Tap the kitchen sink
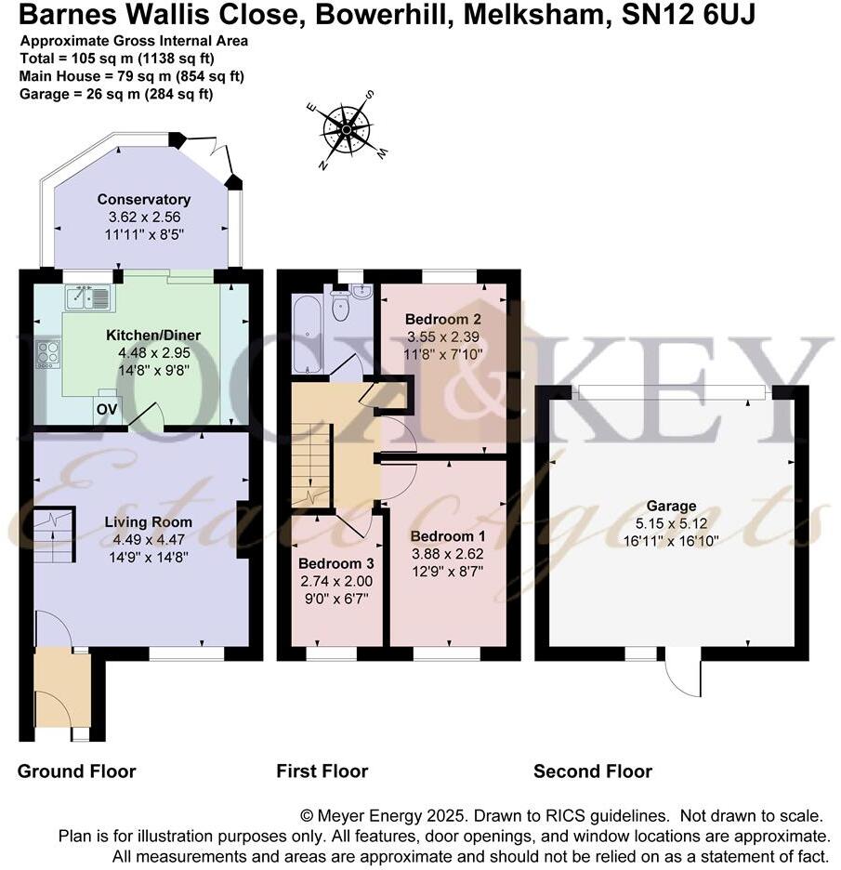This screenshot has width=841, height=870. click(88, 298)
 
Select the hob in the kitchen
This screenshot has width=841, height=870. click(47, 354)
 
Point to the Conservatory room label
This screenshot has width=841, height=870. click(143, 199)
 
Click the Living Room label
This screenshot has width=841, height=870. click(141, 522)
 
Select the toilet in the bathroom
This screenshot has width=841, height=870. click(340, 307)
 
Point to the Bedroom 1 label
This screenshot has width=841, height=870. click(448, 536)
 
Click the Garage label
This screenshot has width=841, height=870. click(671, 506)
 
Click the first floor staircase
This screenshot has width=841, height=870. click(312, 466)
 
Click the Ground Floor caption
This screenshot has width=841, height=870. click(76, 771)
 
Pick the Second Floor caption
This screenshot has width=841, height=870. click(592, 771)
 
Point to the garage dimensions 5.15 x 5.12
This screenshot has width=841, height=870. click(671, 523)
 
